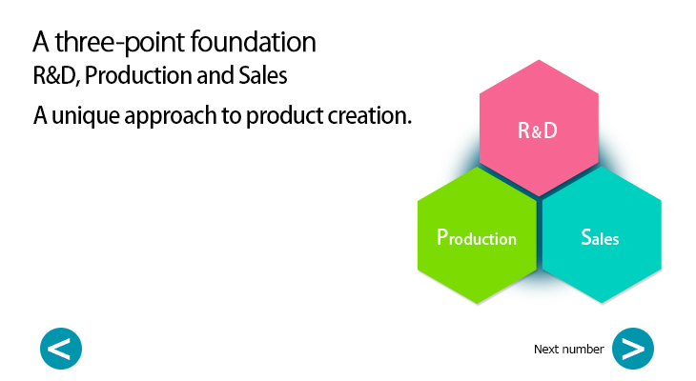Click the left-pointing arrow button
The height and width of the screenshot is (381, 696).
pyautogui.click(x=61, y=349)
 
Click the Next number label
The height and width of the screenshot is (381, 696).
pyautogui.click(x=568, y=350)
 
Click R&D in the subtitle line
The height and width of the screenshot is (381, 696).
pyautogui.click(x=54, y=74)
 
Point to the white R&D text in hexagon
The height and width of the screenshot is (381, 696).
pyautogui.click(x=538, y=131)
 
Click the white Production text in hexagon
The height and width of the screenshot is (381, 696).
pyautogui.click(x=477, y=237)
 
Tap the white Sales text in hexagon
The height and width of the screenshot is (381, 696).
pyautogui.click(x=601, y=237)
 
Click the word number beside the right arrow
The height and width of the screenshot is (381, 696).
pyautogui.click(x=583, y=350)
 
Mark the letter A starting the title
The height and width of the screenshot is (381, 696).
pyautogui.click(x=41, y=42)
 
